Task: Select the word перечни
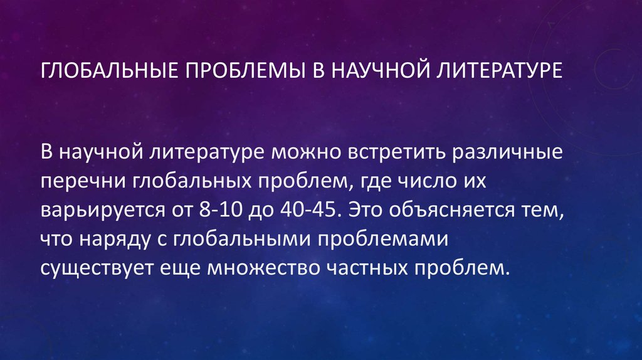83,182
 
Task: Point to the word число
408,182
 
